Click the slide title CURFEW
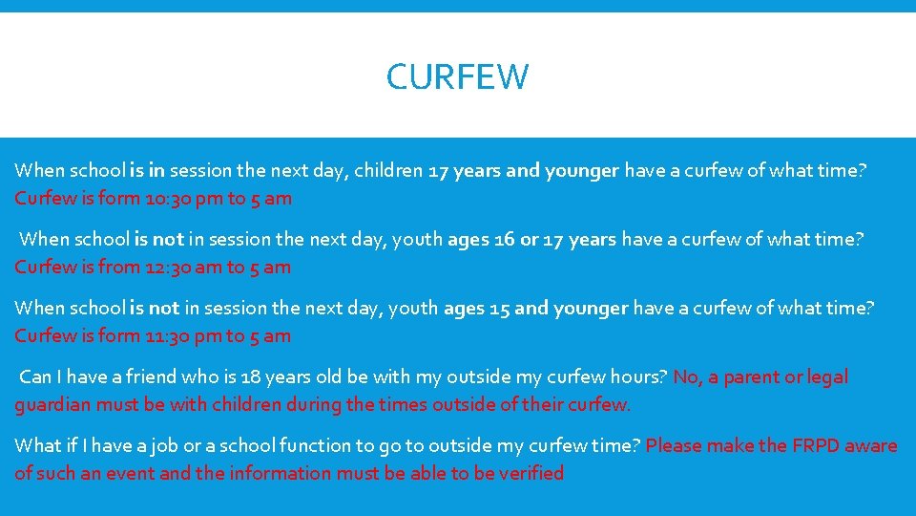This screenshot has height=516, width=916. click(457, 76)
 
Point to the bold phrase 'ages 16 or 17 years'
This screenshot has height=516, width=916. click(531, 239)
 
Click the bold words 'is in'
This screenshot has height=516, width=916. click(148, 171)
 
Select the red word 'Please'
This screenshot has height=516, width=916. click(677, 445)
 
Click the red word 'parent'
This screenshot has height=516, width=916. click(751, 376)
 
